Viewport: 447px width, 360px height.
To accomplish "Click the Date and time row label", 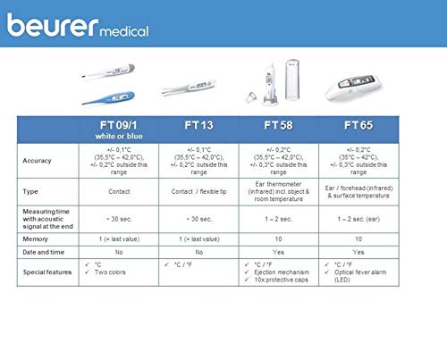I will click(x=44, y=254).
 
